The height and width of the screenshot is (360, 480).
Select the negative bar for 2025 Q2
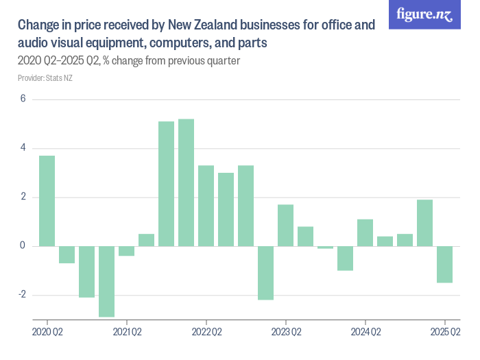pos(445,264)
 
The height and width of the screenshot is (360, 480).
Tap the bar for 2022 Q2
pos(206,206)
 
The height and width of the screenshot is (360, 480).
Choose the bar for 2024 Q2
pos(365,232)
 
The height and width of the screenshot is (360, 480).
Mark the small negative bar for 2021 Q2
pos(126,251)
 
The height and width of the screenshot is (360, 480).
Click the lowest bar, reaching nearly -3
pos(106,281)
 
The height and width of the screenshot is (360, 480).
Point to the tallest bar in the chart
pos(187,182)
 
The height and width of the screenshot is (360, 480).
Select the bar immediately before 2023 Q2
pos(266,273)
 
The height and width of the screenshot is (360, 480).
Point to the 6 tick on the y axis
pos(23,99)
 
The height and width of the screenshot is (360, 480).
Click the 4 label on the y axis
pos(23,148)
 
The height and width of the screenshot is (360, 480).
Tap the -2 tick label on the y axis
pos(21,295)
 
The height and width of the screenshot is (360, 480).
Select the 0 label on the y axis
pos(23,246)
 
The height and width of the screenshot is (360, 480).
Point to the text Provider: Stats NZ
pos(45,78)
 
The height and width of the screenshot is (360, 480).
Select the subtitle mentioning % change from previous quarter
pos(128,61)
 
